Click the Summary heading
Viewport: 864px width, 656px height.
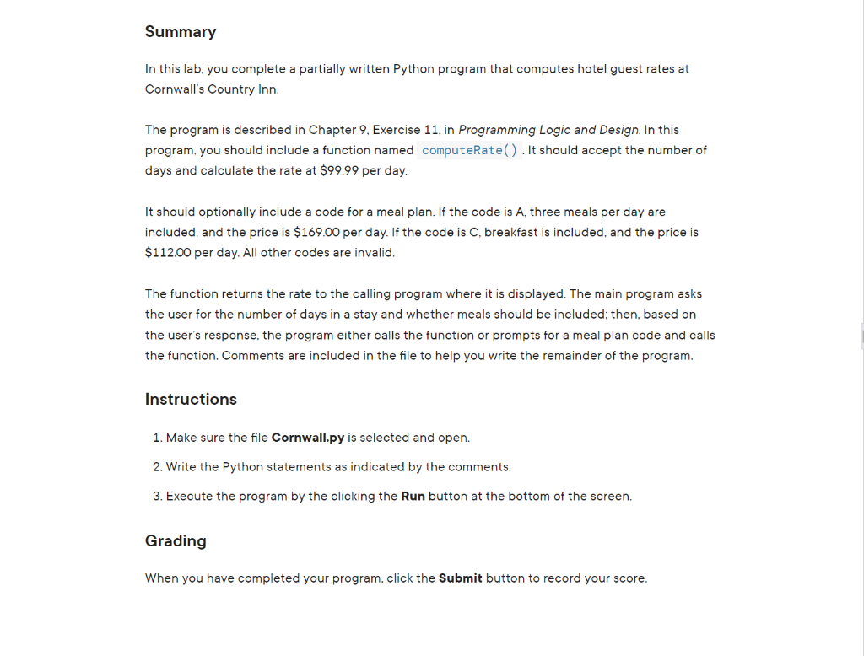(181, 32)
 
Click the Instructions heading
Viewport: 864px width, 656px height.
(191, 400)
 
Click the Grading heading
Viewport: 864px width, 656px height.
(175, 541)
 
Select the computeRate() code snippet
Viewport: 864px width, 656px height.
(470, 150)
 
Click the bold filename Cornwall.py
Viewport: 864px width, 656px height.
(308, 438)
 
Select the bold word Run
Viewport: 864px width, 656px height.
(413, 496)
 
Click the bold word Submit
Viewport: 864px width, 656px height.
(461, 578)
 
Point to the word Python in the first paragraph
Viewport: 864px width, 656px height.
(413, 68)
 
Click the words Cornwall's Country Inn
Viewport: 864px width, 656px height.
(212, 89)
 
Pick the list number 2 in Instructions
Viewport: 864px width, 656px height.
(157, 467)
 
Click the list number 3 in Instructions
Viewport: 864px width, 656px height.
(157, 496)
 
